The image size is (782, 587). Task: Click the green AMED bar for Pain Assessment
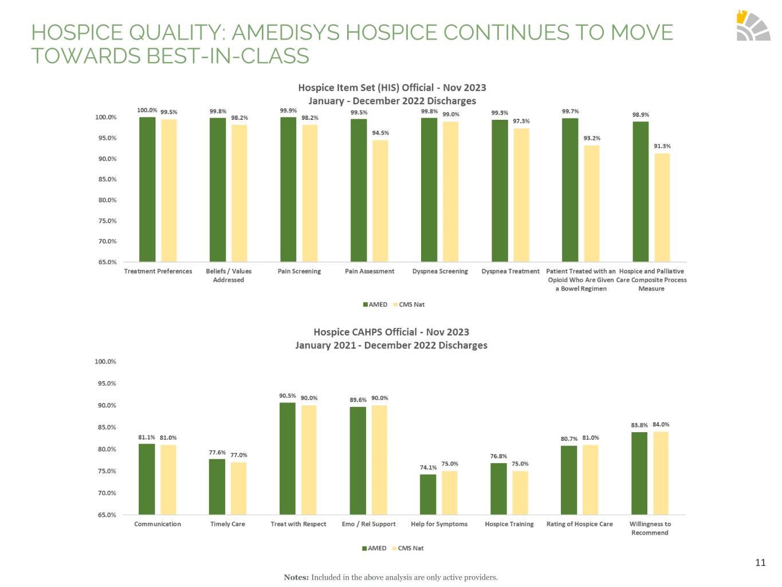[x=359, y=190]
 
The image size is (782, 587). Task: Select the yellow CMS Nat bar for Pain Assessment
[x=380, y=201]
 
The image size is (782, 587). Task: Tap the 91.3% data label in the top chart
[x=662, y=146]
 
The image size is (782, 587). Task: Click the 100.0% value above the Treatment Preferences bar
[x=147, y=110]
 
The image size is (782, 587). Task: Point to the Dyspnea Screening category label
[x=440, y=271]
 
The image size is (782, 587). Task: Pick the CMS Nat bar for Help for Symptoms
[x=450, y=492]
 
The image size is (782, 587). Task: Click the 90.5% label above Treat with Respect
[x=288, y=396]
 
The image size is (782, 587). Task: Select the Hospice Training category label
[x=509, y=524]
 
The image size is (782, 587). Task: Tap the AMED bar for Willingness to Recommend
[x=639, y=473]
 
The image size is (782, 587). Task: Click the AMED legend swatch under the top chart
[x=366, y=304]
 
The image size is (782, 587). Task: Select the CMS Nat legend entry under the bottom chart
[x=407, y=548]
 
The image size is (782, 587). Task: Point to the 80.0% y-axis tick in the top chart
[x=105, y=200]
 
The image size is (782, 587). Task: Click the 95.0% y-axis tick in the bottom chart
[x=105, y=383]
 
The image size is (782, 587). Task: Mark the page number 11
[x=760, y=562]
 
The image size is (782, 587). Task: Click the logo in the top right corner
[x=753, y=26]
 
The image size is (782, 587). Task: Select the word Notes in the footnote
[x=296, y=577]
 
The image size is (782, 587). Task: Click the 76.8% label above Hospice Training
[x=498, y=456]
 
